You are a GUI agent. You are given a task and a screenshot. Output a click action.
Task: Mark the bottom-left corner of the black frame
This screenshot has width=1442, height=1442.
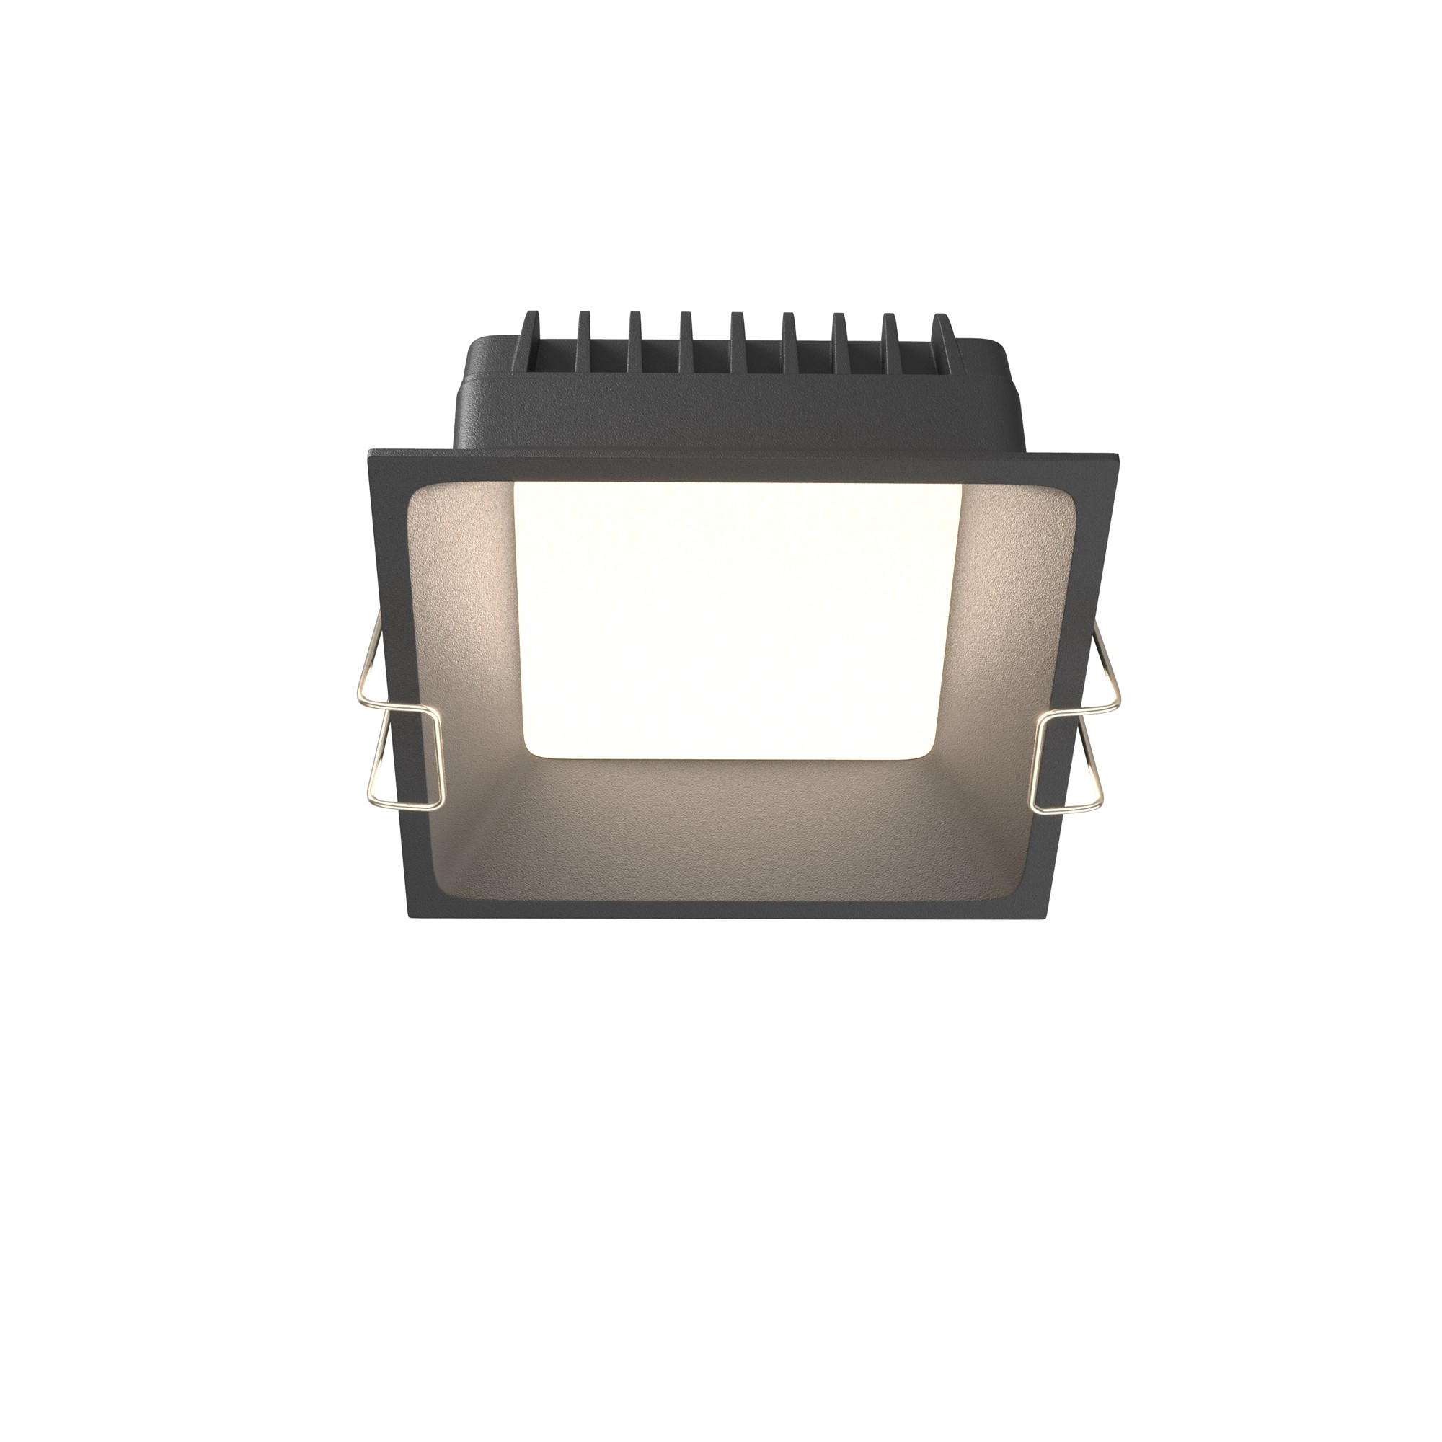click(409, 914)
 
